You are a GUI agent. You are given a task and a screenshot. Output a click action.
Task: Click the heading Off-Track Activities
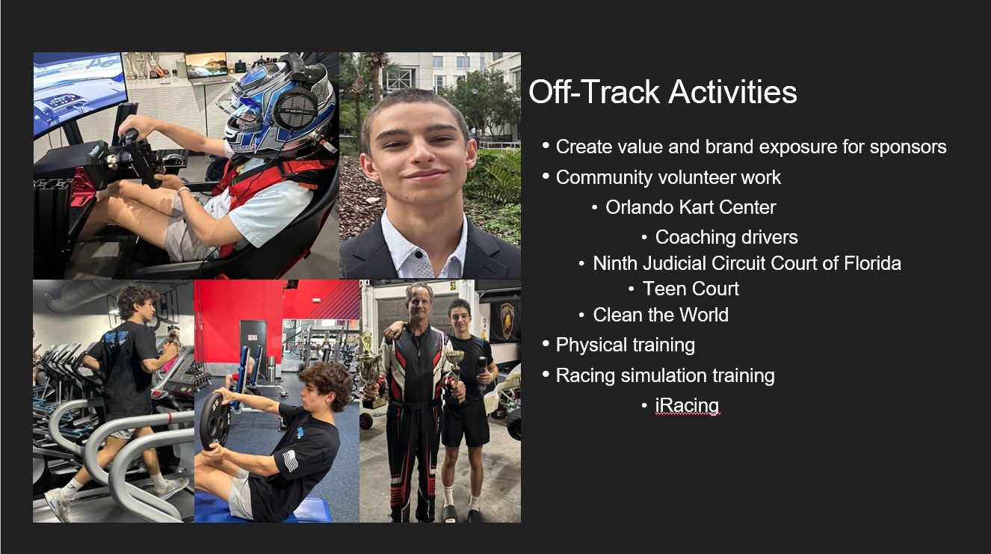click(x=662, y=92)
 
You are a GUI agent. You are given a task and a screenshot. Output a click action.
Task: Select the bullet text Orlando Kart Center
click(x=691, y=207)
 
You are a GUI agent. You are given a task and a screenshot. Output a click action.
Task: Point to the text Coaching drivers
click(x=726, y=237)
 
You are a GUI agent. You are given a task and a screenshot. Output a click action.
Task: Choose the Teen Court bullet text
click(x=691, y=289)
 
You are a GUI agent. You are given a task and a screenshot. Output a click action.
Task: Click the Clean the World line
click(x=661, y=315)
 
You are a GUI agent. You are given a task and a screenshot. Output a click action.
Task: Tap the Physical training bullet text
click(x=625, y=345)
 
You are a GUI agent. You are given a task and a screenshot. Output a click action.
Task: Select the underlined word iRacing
click(x=687, y=405)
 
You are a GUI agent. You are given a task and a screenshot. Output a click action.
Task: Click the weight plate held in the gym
click(x=214, y=420)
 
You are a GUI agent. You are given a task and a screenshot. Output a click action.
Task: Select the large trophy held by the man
click(x=369, y=369)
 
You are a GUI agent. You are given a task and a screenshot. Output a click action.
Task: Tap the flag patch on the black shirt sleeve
click(x=290, y=461)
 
